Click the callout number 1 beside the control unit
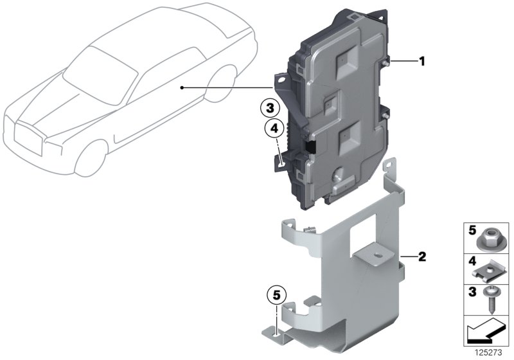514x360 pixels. [x=422, y=62]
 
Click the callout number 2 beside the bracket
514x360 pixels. [x=421, y=258]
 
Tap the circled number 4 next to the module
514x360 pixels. [x=274, y=129]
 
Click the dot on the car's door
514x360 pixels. [x=182, y=87]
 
